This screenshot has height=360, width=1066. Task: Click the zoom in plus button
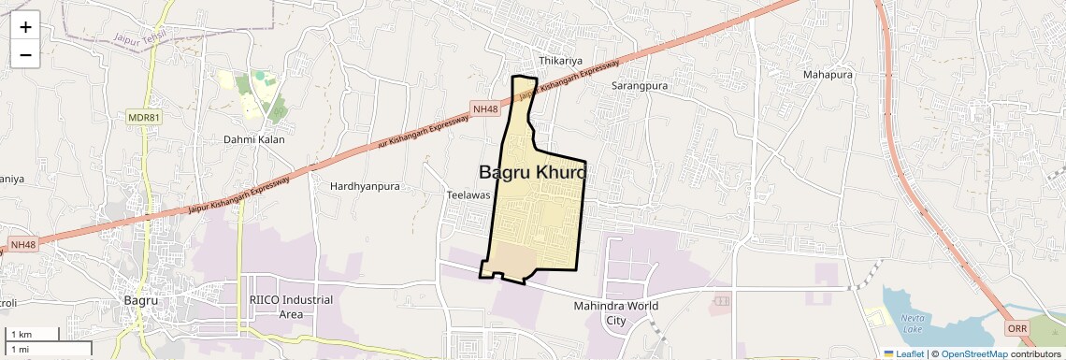point(25,28)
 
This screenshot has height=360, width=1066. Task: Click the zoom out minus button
point(25,54)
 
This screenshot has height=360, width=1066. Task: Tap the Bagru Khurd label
point(532,172)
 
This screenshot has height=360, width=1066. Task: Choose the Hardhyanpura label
point(365,186)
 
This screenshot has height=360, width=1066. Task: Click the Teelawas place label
point(468,194)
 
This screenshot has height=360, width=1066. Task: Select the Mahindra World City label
point(616,312)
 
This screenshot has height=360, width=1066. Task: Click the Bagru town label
point(142,300)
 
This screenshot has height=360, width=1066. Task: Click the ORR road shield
point(1017,329)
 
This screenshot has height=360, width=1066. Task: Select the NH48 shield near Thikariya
point(485,109)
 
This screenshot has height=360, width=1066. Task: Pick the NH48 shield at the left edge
point(22,245)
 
